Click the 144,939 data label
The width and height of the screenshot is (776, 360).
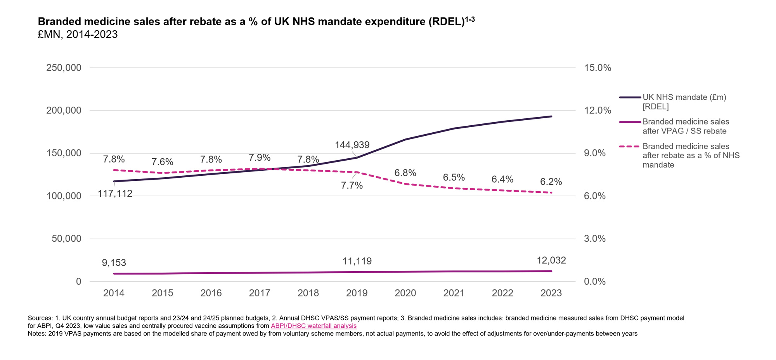[352, 145]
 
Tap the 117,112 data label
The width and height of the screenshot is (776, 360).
[115, 194]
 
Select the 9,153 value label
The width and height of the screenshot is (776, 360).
[114, 263]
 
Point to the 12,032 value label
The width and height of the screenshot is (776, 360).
[551, 260]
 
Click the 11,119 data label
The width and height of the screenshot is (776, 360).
[357, 261]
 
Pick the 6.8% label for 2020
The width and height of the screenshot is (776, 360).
[405, 173]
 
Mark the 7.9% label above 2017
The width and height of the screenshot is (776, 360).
[260, 158]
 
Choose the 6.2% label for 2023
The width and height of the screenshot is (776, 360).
[551, 182]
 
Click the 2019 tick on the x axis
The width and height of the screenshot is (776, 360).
[357, 293]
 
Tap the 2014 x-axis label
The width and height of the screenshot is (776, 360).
[114, 293]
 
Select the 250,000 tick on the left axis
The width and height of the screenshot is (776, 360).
[64, 68]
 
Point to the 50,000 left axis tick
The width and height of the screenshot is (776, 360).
[66, 239]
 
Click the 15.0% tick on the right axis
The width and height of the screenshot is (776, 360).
[598, 68]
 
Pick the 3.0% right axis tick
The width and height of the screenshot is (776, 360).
[595, 239]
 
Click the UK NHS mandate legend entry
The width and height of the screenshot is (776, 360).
[684, 102]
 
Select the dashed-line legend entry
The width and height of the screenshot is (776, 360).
[691, 156]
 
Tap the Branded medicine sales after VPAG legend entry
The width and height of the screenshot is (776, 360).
[686, 126]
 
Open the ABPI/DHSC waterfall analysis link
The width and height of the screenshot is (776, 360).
[314, 326]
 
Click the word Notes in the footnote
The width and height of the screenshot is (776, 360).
[36, 334]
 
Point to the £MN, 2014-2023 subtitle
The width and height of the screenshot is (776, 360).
[78, 35]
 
